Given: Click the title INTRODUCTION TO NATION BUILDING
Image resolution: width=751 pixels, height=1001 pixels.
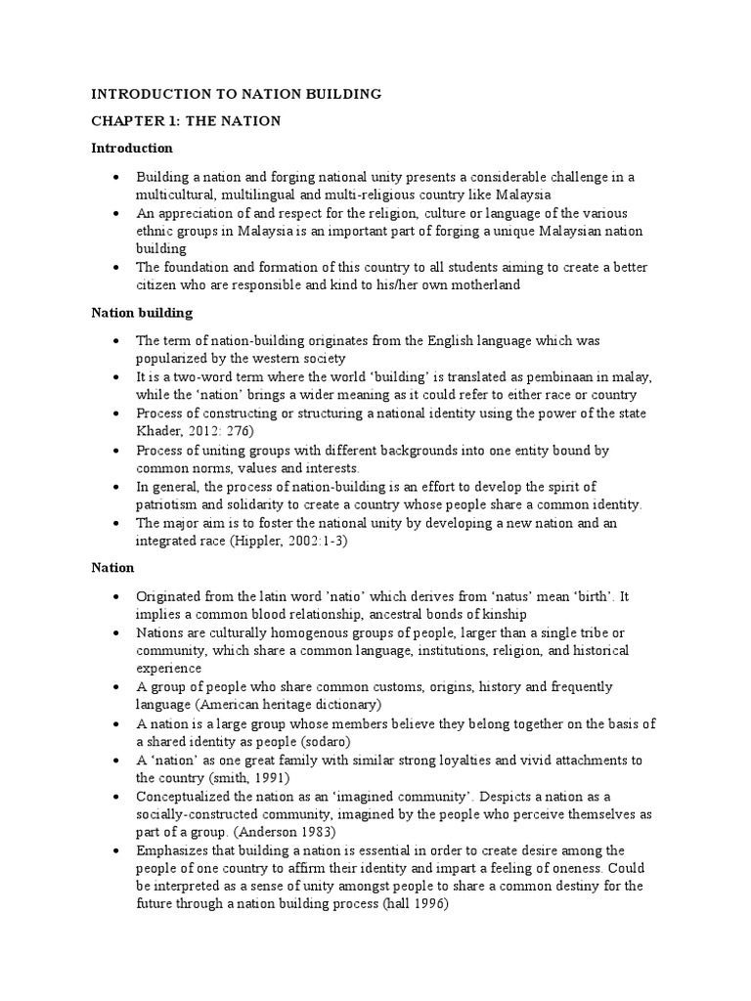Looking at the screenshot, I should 236,94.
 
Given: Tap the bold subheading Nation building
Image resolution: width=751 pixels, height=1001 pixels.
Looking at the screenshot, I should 142,313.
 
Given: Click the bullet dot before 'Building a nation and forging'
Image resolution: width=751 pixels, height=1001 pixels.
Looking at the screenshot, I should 116,177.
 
